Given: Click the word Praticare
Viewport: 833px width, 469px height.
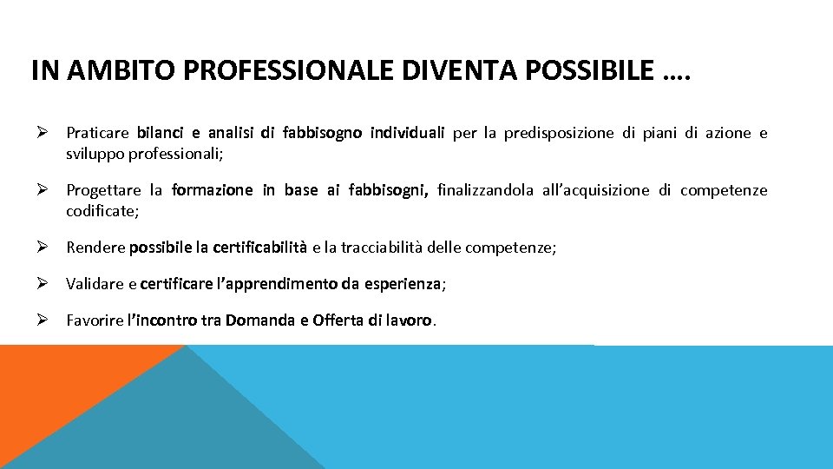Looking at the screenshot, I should (x=97, y=134).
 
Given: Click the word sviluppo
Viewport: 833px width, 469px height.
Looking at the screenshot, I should (x=95, y=155).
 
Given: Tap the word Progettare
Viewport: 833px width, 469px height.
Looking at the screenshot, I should (x=103, y=190).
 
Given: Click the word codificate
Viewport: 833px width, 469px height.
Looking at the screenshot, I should (x=101, y=211).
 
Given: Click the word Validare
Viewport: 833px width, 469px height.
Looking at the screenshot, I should (x=95, y=283).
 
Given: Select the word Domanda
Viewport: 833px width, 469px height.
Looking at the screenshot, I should (x=259, y=320).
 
